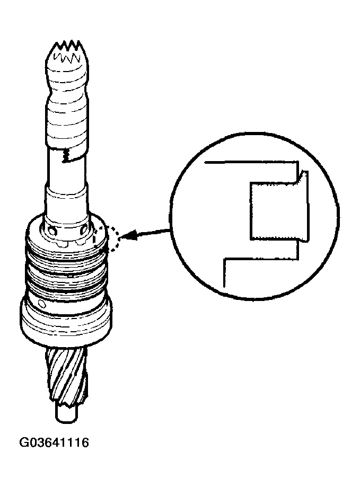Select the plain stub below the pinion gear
click(67, 412)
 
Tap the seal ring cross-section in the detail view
click(275, 209)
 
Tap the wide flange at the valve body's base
click(67, 323)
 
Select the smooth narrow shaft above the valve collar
click(67, 185)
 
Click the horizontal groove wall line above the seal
click(249, 162)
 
